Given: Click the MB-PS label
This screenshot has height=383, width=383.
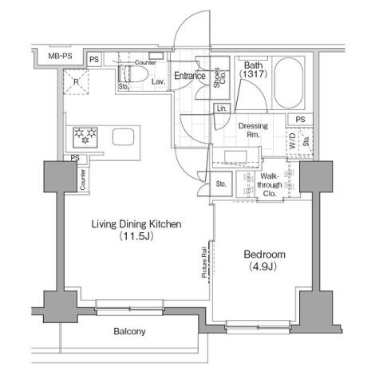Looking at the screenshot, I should coord(58,58).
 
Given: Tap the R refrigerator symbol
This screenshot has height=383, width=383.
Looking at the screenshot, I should coord(75,81).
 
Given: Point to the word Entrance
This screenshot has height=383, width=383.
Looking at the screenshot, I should coord(191,77).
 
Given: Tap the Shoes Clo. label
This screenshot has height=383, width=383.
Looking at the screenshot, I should coord(219,77).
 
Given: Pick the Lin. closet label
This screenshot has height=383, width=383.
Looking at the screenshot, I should coord(222,108).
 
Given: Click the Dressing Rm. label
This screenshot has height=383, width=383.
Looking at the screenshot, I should coord(253,131).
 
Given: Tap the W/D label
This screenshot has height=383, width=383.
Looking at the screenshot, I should coord(292,144).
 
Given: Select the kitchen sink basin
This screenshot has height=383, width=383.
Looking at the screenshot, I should coord(124,136).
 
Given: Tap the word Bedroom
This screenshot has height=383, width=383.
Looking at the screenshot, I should coord(264,255).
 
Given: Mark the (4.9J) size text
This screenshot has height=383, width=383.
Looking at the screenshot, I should coord(263,267).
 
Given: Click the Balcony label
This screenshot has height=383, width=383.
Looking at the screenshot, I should coord(128,331).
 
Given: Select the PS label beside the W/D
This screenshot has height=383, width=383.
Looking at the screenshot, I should coord(300,120).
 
